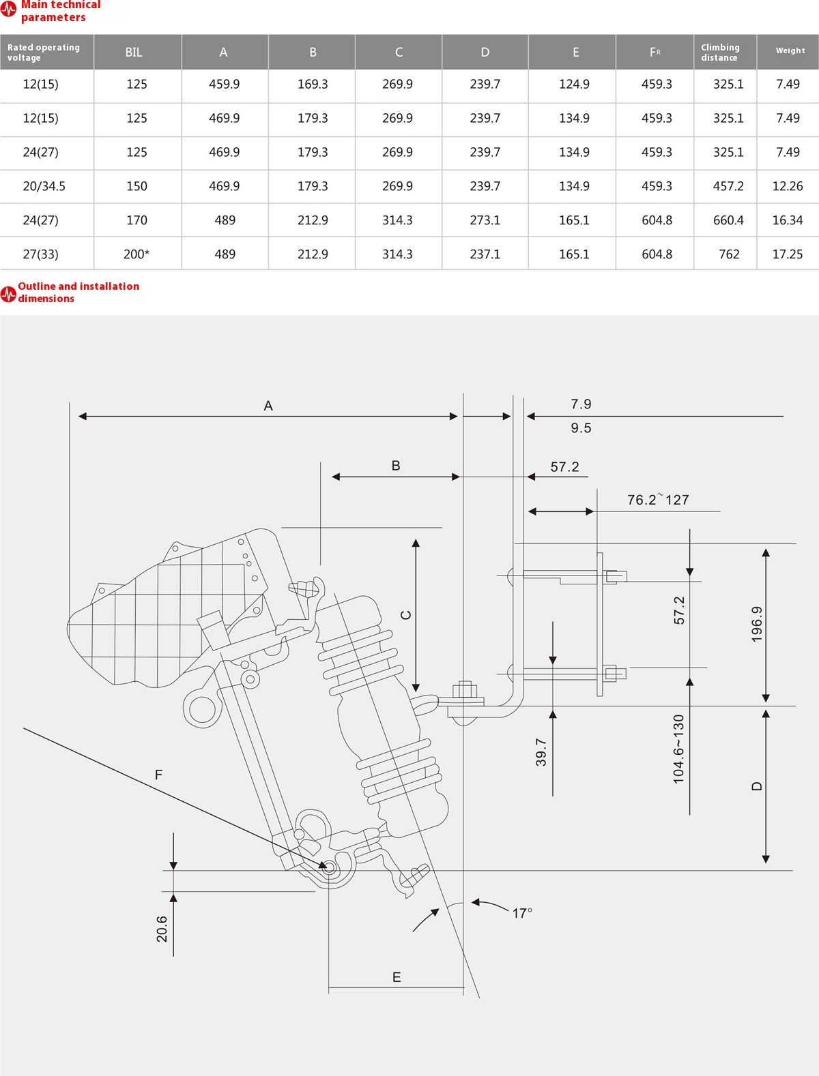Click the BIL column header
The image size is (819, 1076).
click(x=134, y=53)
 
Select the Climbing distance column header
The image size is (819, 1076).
click(x=720, y=53)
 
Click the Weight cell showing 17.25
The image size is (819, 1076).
click(x=787, y=254)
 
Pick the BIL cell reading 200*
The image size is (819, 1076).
click(x=136, y=254)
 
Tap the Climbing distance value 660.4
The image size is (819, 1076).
click(x=728, y=220)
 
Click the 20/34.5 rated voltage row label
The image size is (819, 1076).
click(x=44, y=186)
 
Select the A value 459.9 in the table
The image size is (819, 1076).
click(x=224, y=84)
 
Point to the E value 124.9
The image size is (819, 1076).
click(x=574, y=84)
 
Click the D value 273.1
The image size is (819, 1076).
click(x=485, y=220)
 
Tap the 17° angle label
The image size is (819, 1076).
click(x=522, y=913)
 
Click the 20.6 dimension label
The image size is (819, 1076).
click(x=162, y=929)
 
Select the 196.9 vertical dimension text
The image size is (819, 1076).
click(x=757, y=624)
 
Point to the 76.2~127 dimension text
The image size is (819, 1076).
click(x=658, y=500)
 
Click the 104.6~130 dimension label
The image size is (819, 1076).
click(x=678, y=748)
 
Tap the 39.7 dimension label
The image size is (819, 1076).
click(x=541, y=752)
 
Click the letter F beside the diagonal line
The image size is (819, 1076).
click(x=158, y=775)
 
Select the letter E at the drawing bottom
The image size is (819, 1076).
click(x=397, y=977)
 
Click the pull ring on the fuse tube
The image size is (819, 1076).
click(x=202, y=709)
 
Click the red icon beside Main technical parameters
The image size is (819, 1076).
click(x=8, y=10)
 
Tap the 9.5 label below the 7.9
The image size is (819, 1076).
click(x=581, y=428)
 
